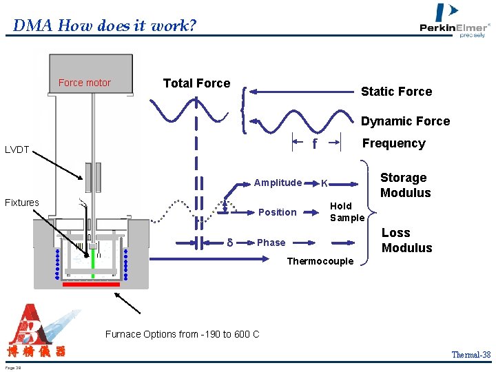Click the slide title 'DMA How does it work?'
pos(105,26)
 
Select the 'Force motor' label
pos(85,83)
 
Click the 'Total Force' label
pos(196,83)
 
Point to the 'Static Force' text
pos(397,92)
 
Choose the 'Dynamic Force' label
pos(406,121)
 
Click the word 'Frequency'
pos(394,143)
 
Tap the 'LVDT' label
pos(17,149)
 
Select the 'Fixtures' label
pos(22,203)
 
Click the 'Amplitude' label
pos(278,183)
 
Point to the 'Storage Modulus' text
pos(405,185)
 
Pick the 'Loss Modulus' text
pos(406,240)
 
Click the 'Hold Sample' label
pos(347,211)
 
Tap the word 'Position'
pos(277,212)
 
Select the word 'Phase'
pos(271,242)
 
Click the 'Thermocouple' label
pos(320,261)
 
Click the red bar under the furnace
pos(92,283)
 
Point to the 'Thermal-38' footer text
pos(471,355)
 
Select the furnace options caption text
pos(183,334)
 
